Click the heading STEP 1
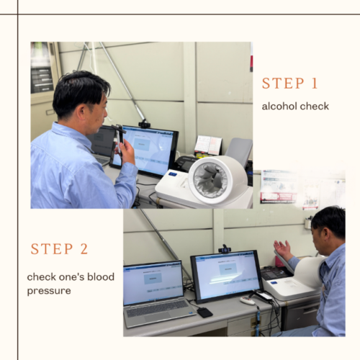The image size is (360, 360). [290, 84]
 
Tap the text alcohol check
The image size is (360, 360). [295, 106]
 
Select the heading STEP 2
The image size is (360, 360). [59, 248]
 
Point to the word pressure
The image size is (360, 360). [49, 291]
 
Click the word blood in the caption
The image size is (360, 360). [101, 276]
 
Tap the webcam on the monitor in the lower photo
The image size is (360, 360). [225, 249]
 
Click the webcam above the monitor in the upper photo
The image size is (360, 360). [144, 124]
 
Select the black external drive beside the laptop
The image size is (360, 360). [204, 312]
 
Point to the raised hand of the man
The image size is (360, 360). [283, 249]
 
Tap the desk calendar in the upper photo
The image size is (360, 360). [208, 145]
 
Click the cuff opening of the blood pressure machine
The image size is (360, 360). [210, 179]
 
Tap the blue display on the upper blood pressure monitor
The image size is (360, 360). [173, 174]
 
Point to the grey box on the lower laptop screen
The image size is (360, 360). [153, 279]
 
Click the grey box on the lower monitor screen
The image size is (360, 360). [228, 269]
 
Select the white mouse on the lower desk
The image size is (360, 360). [248, 300]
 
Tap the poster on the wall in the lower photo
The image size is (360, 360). [279, 187]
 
